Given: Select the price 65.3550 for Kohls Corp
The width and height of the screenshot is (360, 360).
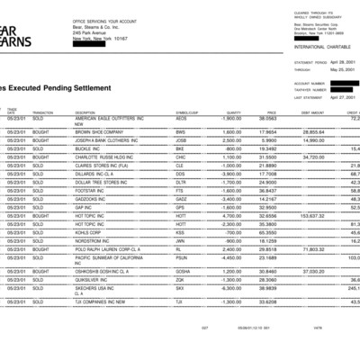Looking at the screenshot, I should click(x=267, y=231).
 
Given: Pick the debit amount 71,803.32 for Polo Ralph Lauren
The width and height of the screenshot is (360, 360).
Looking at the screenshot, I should click(x=310, y=248).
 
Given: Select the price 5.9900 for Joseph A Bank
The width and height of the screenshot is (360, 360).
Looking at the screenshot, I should click(x=267, y=139).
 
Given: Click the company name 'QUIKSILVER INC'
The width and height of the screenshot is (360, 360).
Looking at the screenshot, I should click(x=93, y=279).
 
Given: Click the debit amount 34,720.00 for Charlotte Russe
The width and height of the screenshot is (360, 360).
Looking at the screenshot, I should click(x=311, y=157).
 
